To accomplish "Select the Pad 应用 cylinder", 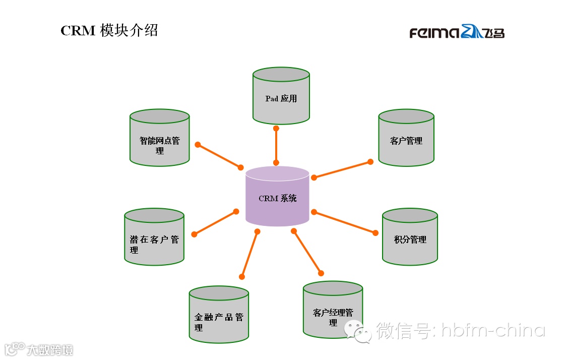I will (x=281, y=98).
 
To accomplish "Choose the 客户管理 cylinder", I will (x=406, y=140).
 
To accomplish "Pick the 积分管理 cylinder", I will (x=410, y=239).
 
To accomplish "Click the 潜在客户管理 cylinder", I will (x=154, y=239).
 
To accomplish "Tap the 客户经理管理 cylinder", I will (x=333, y=313).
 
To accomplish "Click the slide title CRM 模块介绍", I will (x=109, y=30).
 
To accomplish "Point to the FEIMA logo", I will (x=457, y=33).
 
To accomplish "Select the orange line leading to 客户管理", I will (x=342, y=169).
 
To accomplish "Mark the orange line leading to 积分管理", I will (x=344, y=222).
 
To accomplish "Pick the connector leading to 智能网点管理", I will (x=219, y=156).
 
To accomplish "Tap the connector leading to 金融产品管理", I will (x=249, y=254).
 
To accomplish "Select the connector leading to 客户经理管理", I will (x=307, y=252).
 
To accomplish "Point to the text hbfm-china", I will (x=493, y=331).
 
